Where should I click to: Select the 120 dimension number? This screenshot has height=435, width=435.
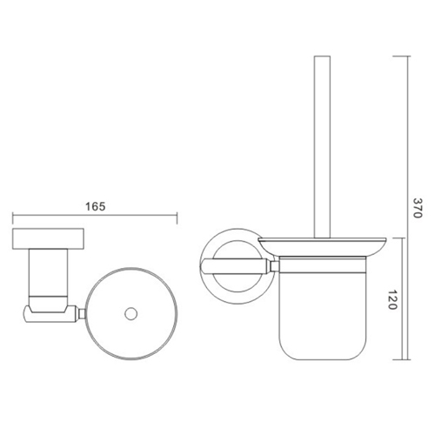pos(420,299)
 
